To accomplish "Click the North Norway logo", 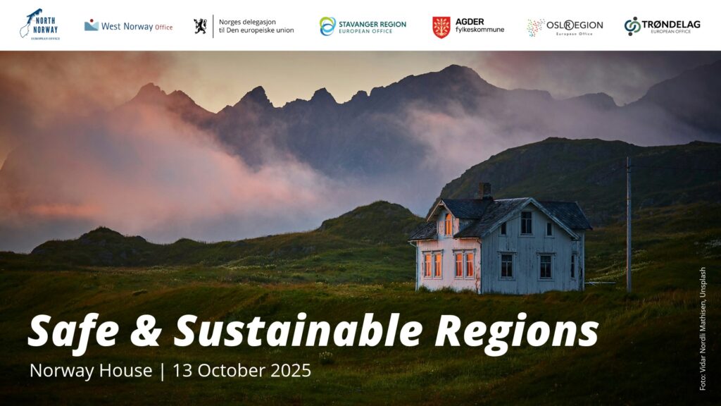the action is (x=39, y=25).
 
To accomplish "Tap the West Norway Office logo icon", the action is (x=91, y=25).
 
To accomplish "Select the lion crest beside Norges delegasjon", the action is (x=200, y=26).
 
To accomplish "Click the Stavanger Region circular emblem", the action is (x=327, y=26).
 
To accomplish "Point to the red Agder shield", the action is (x=441, y=27).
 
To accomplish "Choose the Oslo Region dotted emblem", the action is (x=535, y=27).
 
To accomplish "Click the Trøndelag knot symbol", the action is (x=632, y=26).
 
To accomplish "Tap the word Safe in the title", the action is (x=73, y=331).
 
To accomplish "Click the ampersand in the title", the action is (x=146, y=331).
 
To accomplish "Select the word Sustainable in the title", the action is (x=298, y=330).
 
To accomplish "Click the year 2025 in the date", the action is (x=291, y=371).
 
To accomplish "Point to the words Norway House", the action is (x=91, y=371).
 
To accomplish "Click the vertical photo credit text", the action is (x=702, y=328).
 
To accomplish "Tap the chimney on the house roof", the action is (x=484, y=190).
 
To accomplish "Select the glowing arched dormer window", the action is (x=448, y=225).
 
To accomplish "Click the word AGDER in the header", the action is (x=470, y=22).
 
